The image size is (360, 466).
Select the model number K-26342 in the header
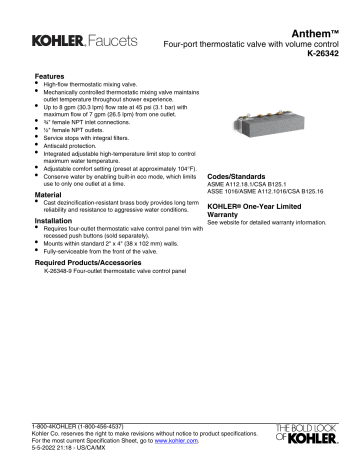click(326, 59)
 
